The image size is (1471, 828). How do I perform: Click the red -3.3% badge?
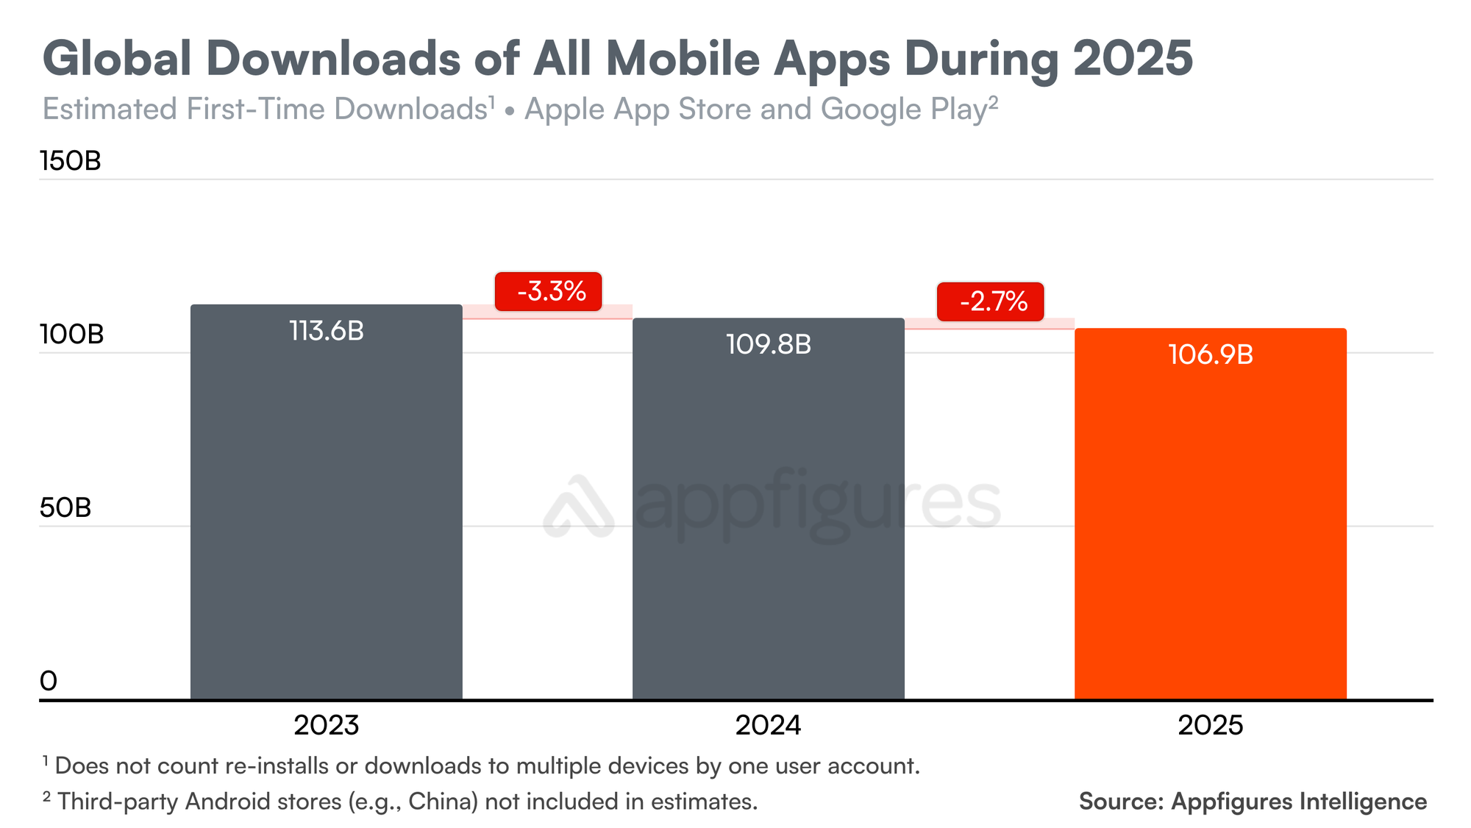549,292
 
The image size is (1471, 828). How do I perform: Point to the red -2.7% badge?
990,301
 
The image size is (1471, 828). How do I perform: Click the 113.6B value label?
326,331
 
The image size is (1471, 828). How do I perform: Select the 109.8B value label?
768,344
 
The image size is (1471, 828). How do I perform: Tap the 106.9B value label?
1210,355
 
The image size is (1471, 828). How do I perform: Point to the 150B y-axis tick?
71,161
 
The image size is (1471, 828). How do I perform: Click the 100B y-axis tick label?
71,335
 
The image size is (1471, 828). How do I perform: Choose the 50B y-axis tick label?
65,508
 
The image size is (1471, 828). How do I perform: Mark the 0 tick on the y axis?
49,681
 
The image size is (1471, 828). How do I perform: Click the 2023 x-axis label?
326,726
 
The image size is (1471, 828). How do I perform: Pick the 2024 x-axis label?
768,726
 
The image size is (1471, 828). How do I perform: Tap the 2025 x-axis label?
1210,726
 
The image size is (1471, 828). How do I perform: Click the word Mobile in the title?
682,58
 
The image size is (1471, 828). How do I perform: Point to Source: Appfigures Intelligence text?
1253,801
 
